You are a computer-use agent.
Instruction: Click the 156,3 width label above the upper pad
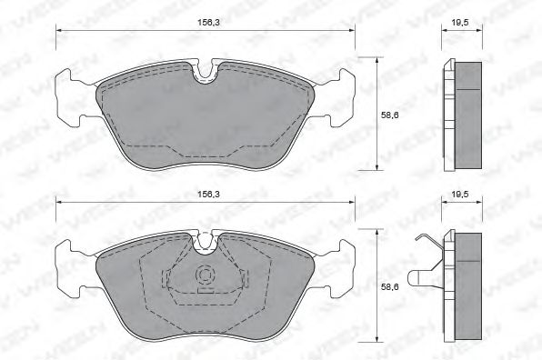point(207,22)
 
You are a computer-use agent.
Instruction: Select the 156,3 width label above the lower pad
point(207,194)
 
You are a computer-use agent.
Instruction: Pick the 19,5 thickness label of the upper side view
point(461,22)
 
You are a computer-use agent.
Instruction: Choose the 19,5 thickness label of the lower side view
point(461,194)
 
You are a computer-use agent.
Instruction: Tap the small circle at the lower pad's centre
point(206,274)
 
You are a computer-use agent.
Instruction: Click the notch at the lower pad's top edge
point(207,242)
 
